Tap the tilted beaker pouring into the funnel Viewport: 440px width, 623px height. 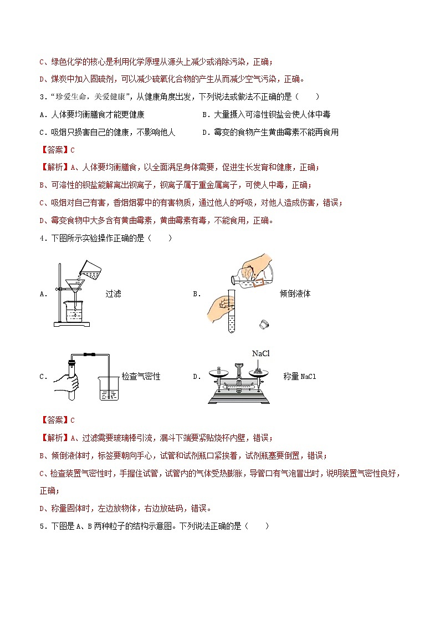[86, 269]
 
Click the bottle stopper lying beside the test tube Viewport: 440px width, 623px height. [263, 324]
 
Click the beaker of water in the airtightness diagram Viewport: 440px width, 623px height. [109, 388]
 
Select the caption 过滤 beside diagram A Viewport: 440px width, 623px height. [113, 293]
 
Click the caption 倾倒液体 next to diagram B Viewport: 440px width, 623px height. [295, 293]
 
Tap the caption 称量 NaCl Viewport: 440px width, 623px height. [299, 376]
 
